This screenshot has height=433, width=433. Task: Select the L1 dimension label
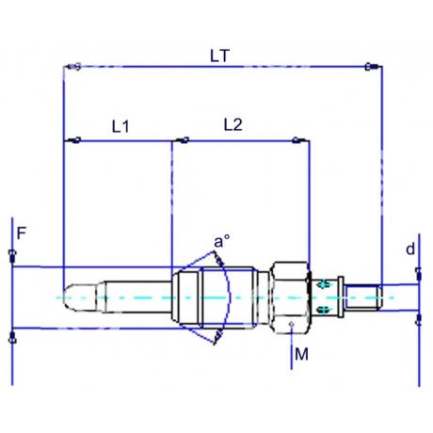120,125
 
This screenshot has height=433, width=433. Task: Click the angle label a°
221,242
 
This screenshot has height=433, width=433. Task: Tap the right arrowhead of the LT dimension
371,67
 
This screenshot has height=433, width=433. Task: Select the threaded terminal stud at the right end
362,297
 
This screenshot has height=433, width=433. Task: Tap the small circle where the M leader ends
294,327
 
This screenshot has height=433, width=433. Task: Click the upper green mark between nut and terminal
325,283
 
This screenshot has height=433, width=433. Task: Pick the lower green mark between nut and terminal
325,310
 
